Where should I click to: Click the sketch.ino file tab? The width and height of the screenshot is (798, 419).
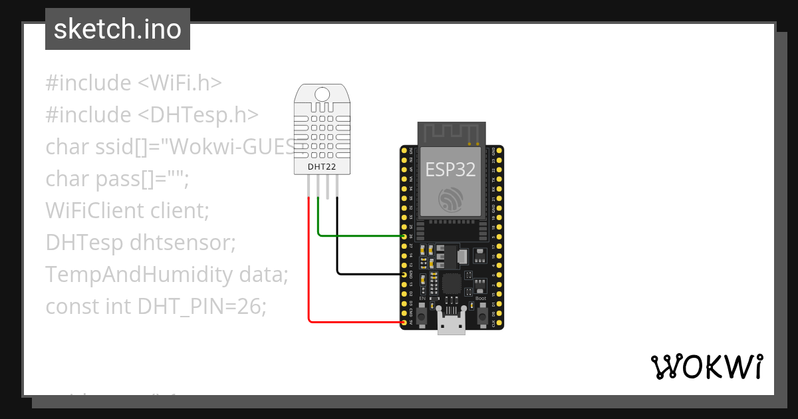(118, 29)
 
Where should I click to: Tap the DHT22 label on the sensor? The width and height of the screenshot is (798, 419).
(321, 166)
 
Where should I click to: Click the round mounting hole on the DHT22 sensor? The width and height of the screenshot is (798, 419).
(322, 94)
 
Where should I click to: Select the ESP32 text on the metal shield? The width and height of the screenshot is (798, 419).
(450, 170)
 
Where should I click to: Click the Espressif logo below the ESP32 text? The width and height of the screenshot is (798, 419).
(451, 199)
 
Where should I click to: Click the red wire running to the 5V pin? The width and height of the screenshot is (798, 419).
(309, 266)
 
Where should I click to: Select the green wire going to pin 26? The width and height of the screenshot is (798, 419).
(359, 235)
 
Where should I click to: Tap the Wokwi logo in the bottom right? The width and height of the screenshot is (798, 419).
(706, 366)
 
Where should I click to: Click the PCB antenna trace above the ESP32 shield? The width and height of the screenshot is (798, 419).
(451, 133)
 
